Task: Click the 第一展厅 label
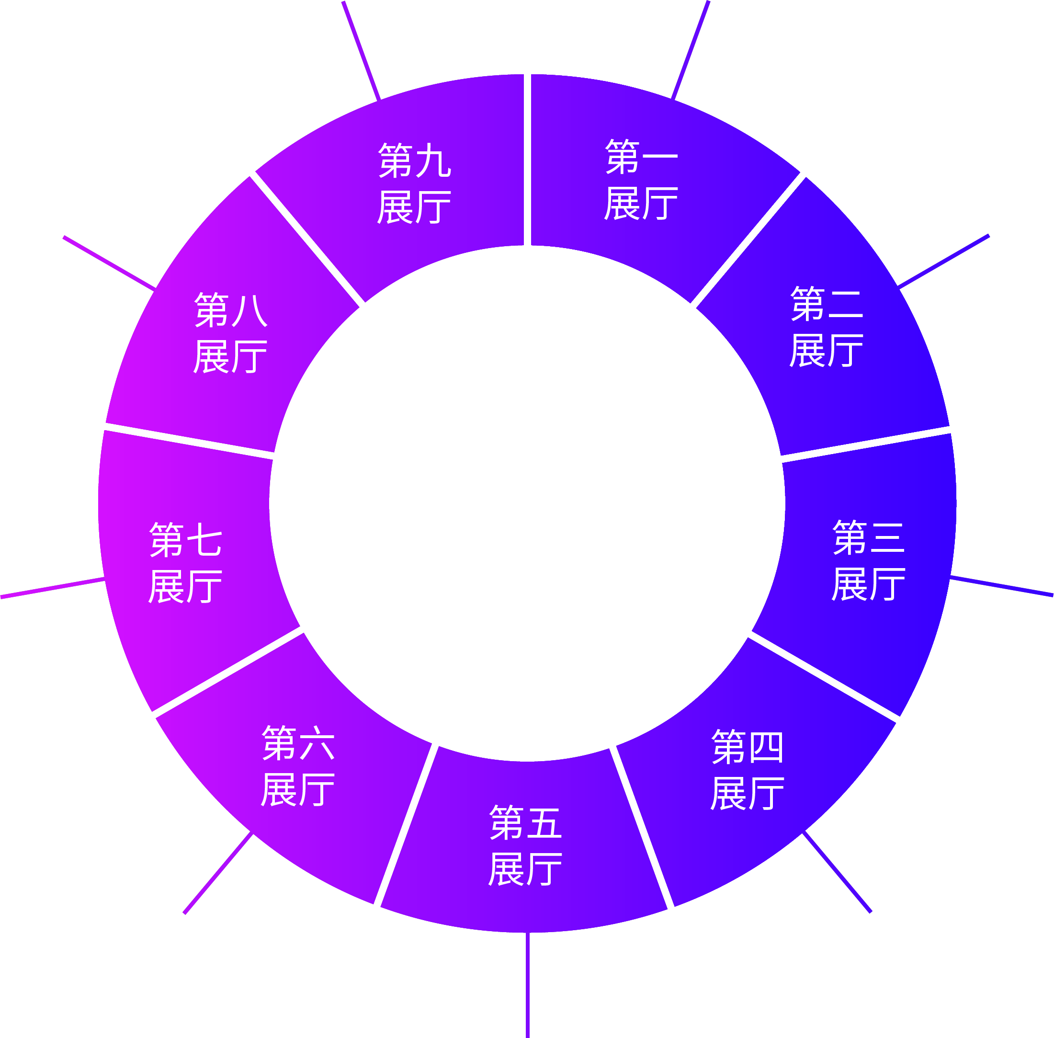tap(641, 179)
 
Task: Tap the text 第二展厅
tap(826, 327)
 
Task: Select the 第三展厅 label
tap(868, 560)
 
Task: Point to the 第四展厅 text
tap(747, 769)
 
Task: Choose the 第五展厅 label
tap(525, 845)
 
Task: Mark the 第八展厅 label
tap(230, 332)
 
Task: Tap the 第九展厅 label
tap(414, 183)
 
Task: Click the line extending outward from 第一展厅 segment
tap(691, 50)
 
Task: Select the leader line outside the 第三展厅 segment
tap(1002, 586)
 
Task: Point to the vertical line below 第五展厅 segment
tap(528, 985)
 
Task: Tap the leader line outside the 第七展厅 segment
tap(52, 588)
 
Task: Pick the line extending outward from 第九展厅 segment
tap(362, 51)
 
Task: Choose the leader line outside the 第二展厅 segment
tap(943, 261)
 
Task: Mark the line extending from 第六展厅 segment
tap(218, 872)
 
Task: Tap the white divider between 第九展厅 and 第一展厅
tap(528, 160)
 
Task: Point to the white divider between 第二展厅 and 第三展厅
tap(866, 445)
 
